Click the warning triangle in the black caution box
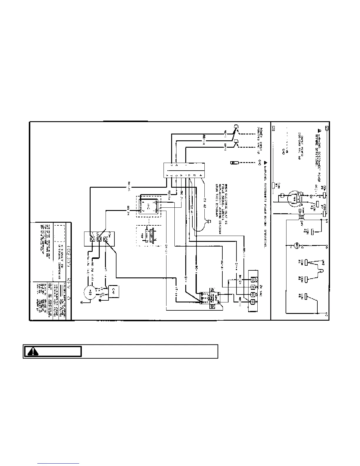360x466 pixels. tap(33, 352)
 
